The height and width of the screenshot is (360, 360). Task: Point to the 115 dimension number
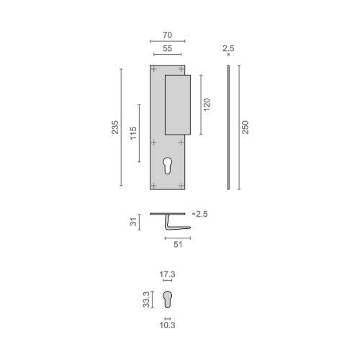click(x=133, y=134)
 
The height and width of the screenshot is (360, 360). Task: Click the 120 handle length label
click(x=207, y=104)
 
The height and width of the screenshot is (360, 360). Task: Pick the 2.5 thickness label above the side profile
click(x=228, y=48)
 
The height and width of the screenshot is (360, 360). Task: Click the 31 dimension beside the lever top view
click(x=132, y=223)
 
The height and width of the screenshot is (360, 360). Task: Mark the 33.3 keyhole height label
click(x=146, y=298)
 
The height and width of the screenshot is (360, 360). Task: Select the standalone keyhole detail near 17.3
click(x=167, y=299)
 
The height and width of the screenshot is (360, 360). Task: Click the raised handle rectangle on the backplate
click(x=177, y=104)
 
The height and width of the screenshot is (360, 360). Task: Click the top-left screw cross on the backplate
click(x=155, y=71)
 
